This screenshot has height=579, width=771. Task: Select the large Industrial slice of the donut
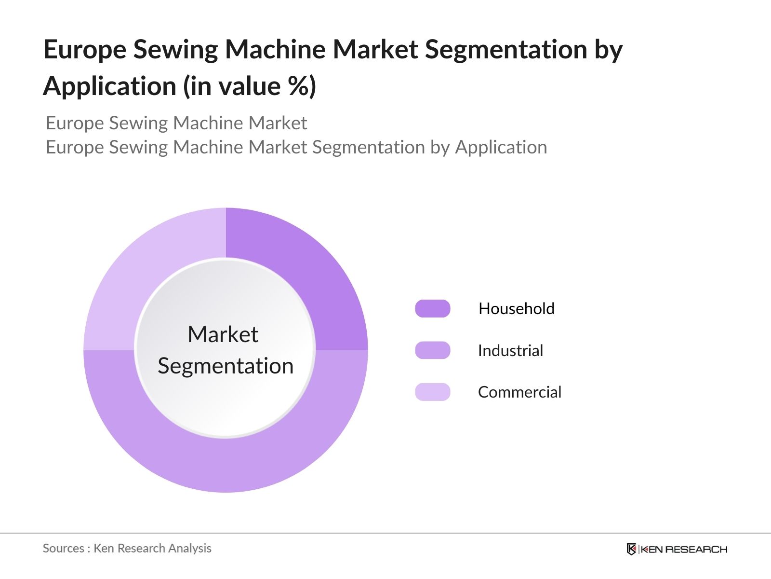tap(226, 463)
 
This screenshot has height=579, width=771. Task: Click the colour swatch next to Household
tap(433, 308)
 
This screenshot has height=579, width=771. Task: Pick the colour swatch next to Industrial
tap(433, 350)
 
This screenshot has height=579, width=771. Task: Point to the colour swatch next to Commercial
tap(433, 392)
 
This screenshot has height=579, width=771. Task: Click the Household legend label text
tap(516, 308)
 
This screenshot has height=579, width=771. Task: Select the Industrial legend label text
tap(510, 350)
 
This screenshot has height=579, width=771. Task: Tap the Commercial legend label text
tap(519, 392)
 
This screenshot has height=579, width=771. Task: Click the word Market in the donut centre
tap(223, 334)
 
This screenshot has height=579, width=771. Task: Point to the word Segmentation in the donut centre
tap(226, 366)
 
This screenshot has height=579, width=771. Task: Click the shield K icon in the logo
tap(631, 549)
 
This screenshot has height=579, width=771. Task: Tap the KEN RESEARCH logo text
tap(683, 549)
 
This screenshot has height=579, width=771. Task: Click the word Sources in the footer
tap(64, 548)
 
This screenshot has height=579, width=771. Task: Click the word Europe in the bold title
tap(84, 49)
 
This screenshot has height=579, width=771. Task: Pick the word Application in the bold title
tap(109, 87)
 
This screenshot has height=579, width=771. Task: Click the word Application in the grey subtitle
tap(501, 148)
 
